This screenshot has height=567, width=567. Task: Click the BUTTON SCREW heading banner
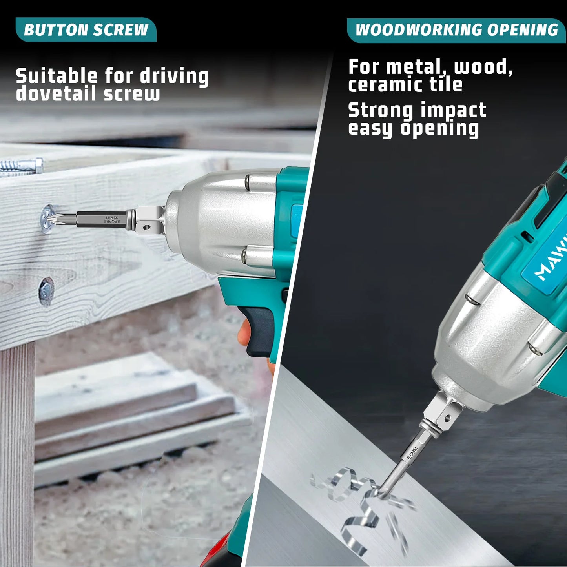[x=86, y=30]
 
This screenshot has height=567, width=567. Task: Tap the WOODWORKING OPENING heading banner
[x=456, y=30]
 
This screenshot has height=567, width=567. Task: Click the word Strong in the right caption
[x=380, y=110]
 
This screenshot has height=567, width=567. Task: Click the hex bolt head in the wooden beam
[x=46, y=291]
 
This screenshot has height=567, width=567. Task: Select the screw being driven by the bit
[x=47, y=218]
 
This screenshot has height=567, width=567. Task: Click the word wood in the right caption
[x=482, y=67]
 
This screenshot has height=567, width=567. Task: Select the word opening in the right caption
[x=439, y=129]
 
